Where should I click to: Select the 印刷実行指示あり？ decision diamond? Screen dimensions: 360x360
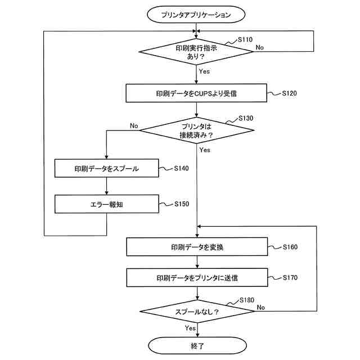click(x=196, y=52)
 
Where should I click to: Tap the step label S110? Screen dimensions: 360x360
click(x=245, y=40)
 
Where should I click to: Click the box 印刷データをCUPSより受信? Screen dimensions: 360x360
click(x=196, y=93)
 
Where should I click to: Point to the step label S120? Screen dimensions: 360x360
click(x=289, y=93)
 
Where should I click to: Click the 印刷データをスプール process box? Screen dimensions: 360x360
click(x=106, y=168)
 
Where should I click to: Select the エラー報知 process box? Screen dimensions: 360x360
click(x=106, y=204)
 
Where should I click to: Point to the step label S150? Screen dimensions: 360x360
click(x=182, y=204)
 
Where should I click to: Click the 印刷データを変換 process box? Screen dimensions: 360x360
click(x=196, y=246)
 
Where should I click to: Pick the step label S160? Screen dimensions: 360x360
click(x=290, y=246)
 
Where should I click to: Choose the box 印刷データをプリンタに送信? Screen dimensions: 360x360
click(x=196, y=277)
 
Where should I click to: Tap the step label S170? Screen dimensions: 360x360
click(x=290, y=277)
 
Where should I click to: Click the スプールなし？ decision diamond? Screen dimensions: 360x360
click(x=196, y=311)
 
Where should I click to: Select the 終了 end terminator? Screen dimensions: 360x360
click(x=196, y=344)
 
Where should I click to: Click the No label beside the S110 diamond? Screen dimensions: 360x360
click(x=259, y=47)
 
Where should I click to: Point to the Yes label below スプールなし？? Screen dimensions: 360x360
click(x=190, y=327)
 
